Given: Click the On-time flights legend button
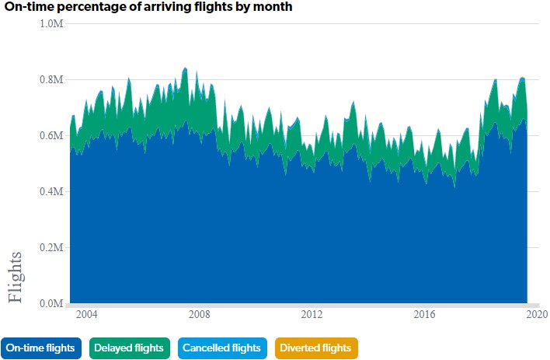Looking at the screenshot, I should coord(43,348).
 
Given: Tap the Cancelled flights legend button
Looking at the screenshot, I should coord(223,348).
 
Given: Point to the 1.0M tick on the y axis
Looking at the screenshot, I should coord(51,24).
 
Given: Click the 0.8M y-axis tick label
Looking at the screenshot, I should coord(51,80).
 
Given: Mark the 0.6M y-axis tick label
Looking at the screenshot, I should coord(51,136).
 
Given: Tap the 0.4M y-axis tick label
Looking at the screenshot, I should coord(51,192).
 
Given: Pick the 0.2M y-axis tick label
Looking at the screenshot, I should coord(51,248).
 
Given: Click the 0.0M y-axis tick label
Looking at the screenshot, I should coord(51,304).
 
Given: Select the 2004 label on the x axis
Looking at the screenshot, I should coord(87,315).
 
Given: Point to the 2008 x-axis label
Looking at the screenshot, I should coord(200,315).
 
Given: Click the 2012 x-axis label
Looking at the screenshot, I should coord(312,315).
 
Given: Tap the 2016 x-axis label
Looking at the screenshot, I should coord(425,315).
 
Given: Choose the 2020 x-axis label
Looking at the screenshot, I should coord(537,315).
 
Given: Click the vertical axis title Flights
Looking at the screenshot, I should coord(20,276).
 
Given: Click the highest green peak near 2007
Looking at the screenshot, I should coord(185,68).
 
